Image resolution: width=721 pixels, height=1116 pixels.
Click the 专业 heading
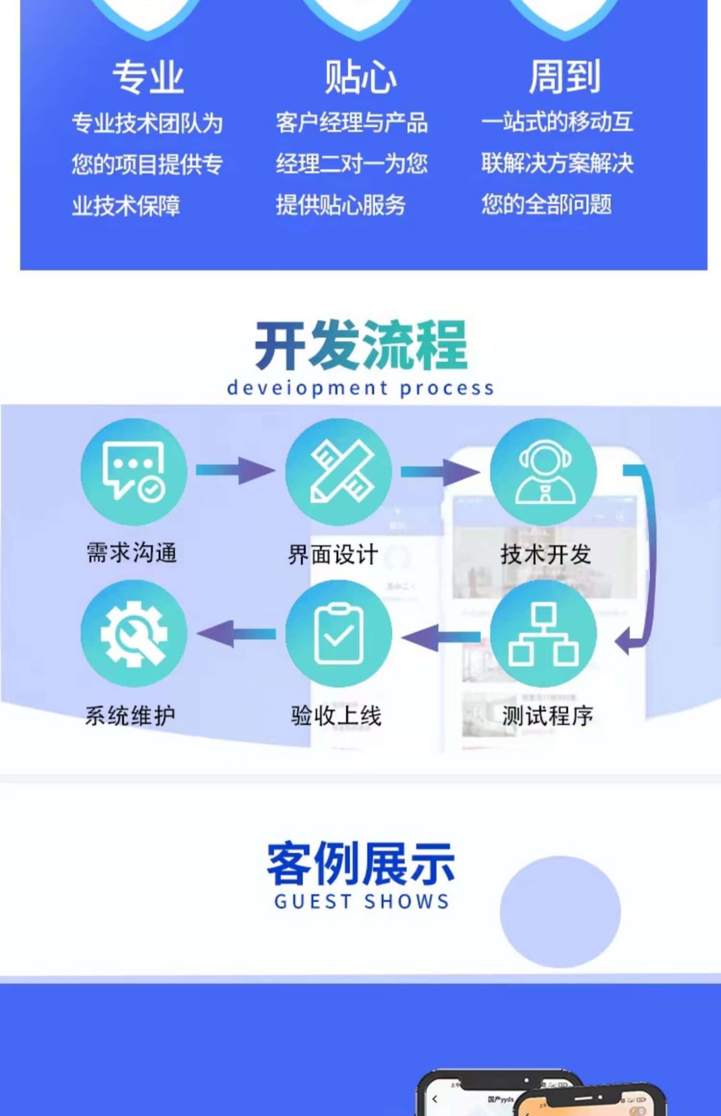click(148, 77)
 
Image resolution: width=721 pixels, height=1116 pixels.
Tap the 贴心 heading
click(360, 77)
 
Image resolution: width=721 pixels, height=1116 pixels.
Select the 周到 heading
click(564, 77)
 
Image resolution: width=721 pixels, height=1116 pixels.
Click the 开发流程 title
click(360, 345)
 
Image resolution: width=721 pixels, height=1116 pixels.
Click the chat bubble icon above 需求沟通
click(134, 471)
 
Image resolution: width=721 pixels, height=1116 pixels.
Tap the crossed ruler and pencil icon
click(338, 471)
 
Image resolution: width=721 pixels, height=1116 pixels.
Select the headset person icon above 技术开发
click(544, 471)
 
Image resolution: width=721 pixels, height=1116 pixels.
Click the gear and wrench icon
click(134, 633)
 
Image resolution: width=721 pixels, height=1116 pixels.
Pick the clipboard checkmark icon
click(338, 633)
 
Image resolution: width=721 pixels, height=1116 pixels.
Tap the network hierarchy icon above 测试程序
click(544, 633)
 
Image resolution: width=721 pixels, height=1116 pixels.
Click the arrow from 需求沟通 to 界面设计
click(236, 470)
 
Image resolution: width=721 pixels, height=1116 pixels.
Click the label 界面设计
click(333, 555)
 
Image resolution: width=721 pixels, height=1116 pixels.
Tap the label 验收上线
click(336, 716)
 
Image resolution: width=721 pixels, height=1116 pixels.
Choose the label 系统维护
click(130, 716)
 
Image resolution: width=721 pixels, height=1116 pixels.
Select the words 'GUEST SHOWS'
click(361, 902)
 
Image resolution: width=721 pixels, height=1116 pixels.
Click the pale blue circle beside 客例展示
click(560, 912)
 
